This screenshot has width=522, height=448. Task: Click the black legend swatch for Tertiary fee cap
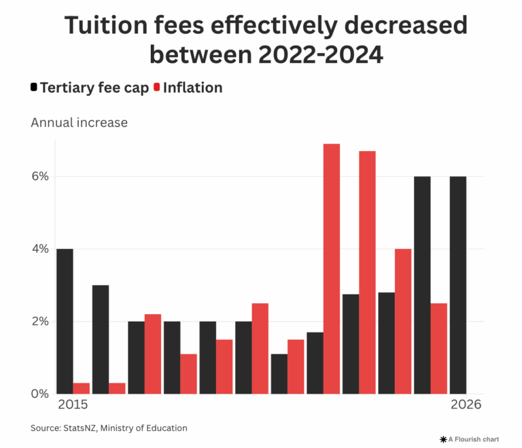[34, 88]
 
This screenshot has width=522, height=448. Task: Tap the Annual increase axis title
[79, 123]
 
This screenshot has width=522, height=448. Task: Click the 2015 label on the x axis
[73, 404]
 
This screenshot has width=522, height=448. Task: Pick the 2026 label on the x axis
[466, 404]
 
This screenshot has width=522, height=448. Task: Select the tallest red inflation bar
[332, 269]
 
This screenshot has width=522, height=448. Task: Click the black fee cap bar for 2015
[65, 321]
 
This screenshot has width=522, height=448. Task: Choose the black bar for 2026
[457, 285]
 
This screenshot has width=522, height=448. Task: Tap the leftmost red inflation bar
[82, 388]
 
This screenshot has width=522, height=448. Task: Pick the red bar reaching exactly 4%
[403, 321]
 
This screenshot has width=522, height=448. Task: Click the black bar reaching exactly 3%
[101, 339]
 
